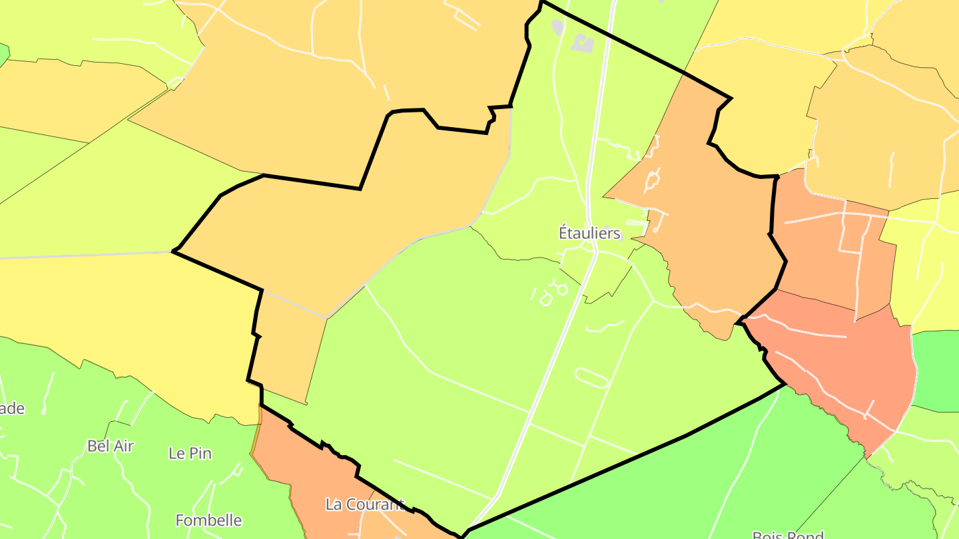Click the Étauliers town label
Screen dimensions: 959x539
pos(589,234)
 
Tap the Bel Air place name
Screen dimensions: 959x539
pos(111,446)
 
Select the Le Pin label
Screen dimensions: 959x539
pos(190,453)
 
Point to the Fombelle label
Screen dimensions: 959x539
pos(208,520)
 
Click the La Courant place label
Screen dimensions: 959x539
pos(364,504)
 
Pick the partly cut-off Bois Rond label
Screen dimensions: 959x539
pos(788,534)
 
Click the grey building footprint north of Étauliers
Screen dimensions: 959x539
pos(583,44)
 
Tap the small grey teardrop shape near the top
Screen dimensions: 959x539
pos(557,27)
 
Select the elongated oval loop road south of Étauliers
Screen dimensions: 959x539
pos(591,377)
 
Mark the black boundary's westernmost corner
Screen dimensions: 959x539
pos(173,251)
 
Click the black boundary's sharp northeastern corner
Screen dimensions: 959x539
pos(731,98)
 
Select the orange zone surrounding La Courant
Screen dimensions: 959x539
pos(313,479)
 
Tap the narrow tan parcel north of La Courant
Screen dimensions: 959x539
pos(286,353)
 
